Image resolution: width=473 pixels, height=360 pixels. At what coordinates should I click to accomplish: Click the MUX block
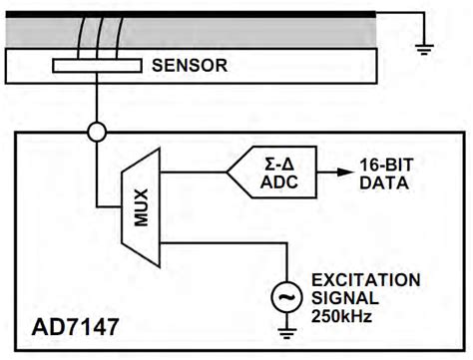point(139,205)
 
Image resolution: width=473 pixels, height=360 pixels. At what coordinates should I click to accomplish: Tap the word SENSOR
point(191,68)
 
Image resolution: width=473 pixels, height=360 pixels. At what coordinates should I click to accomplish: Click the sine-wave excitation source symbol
point(288,296)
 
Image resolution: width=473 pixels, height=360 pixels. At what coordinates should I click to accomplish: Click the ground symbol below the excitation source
point(288,331)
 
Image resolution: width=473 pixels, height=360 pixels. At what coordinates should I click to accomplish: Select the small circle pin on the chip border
point(97,132)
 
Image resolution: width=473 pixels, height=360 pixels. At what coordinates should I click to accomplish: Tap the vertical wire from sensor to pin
point(97,100)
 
